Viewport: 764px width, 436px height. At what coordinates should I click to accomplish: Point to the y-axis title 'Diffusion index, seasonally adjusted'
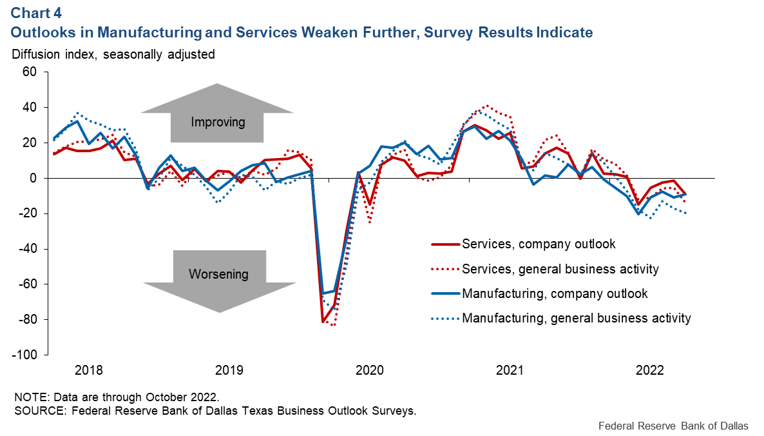coord(113,55)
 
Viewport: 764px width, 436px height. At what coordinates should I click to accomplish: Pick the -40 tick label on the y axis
coord(30,249)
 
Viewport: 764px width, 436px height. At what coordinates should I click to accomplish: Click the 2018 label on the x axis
coord(89,371)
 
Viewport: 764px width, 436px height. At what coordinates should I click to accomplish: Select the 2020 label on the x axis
coord(370,371)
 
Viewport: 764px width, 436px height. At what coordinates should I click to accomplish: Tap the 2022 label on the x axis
coord(650,371)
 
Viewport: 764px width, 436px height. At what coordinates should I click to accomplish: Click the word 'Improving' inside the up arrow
coord(218,122)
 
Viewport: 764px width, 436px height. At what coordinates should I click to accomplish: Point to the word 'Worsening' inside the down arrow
coord(218,274)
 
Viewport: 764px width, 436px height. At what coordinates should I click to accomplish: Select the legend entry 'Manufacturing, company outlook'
coord(555,293)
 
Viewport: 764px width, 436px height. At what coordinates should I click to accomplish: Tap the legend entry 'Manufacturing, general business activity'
coord(576,318)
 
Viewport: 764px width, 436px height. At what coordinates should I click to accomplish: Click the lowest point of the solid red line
coord(322,321)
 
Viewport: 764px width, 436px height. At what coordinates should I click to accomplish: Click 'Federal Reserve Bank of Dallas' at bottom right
coord(673,426)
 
